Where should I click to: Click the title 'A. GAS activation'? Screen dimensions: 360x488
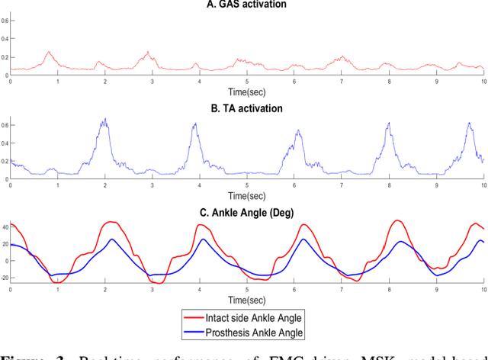tap(247, 5)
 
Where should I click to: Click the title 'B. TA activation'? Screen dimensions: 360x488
tap(247, 108)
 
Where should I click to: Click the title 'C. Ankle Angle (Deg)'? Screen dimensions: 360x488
tap(247, 212)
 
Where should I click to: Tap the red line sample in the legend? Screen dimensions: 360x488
tap(196, 318)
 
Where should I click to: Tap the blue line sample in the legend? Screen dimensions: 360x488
tap(196, 333)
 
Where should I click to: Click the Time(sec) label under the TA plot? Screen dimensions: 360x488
tap(247, 193)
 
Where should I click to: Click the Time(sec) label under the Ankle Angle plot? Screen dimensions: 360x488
tap(247, 297)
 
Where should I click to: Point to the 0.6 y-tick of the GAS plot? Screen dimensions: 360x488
tap(5, 21)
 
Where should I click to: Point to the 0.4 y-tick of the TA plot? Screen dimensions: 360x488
tap(5, 143)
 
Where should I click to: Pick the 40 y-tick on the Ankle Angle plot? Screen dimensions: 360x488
tap(5, 227)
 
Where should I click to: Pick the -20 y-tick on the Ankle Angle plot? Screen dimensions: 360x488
tap(5, 278)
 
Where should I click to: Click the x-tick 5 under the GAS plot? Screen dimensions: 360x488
tap(247, 81)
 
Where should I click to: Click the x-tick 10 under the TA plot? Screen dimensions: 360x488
tap(483, 185)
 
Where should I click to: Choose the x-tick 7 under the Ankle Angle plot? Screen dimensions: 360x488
tap(342, 289)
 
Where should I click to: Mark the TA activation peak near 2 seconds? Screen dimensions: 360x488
tap(104, 120)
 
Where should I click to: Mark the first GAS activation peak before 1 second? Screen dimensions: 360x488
tap(49, 53)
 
